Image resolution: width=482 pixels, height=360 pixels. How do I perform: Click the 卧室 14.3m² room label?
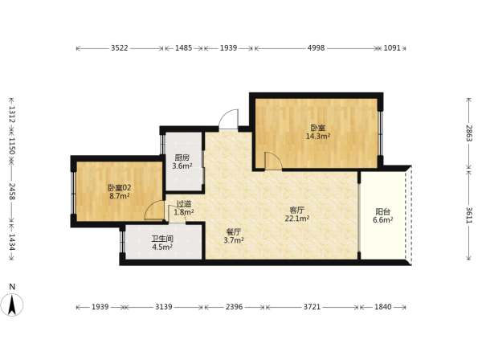coord(318,132)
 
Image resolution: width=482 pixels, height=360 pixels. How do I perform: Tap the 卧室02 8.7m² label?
coord(119,191)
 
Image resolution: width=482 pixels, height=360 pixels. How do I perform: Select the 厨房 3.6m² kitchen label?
coord(182,162)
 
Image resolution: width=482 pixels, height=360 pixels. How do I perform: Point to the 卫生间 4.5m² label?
coord(162,243)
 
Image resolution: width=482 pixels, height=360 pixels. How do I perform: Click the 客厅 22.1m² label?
coord(297,215)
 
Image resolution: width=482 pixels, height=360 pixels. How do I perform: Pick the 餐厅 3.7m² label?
coord(234,236)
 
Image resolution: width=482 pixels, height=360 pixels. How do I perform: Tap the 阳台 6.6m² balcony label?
coord(382,216)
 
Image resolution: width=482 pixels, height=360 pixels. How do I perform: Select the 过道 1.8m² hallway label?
coord(184,208)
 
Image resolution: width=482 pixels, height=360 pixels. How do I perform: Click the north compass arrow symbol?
coord(12,305)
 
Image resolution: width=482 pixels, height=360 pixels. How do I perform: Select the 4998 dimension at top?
coord(316,48)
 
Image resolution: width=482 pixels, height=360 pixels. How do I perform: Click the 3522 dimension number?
coord(120,48)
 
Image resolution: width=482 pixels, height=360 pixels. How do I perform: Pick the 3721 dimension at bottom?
coord(312,306)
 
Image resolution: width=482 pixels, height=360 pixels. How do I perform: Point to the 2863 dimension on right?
coord(469,133)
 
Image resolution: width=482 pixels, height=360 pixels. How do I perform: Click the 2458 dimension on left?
coord(12,191)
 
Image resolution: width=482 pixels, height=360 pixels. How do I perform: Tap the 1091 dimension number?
coord(392,48)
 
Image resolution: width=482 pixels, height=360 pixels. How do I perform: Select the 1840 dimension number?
coord(383,306)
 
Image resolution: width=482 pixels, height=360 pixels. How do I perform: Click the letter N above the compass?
coord(12,287)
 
